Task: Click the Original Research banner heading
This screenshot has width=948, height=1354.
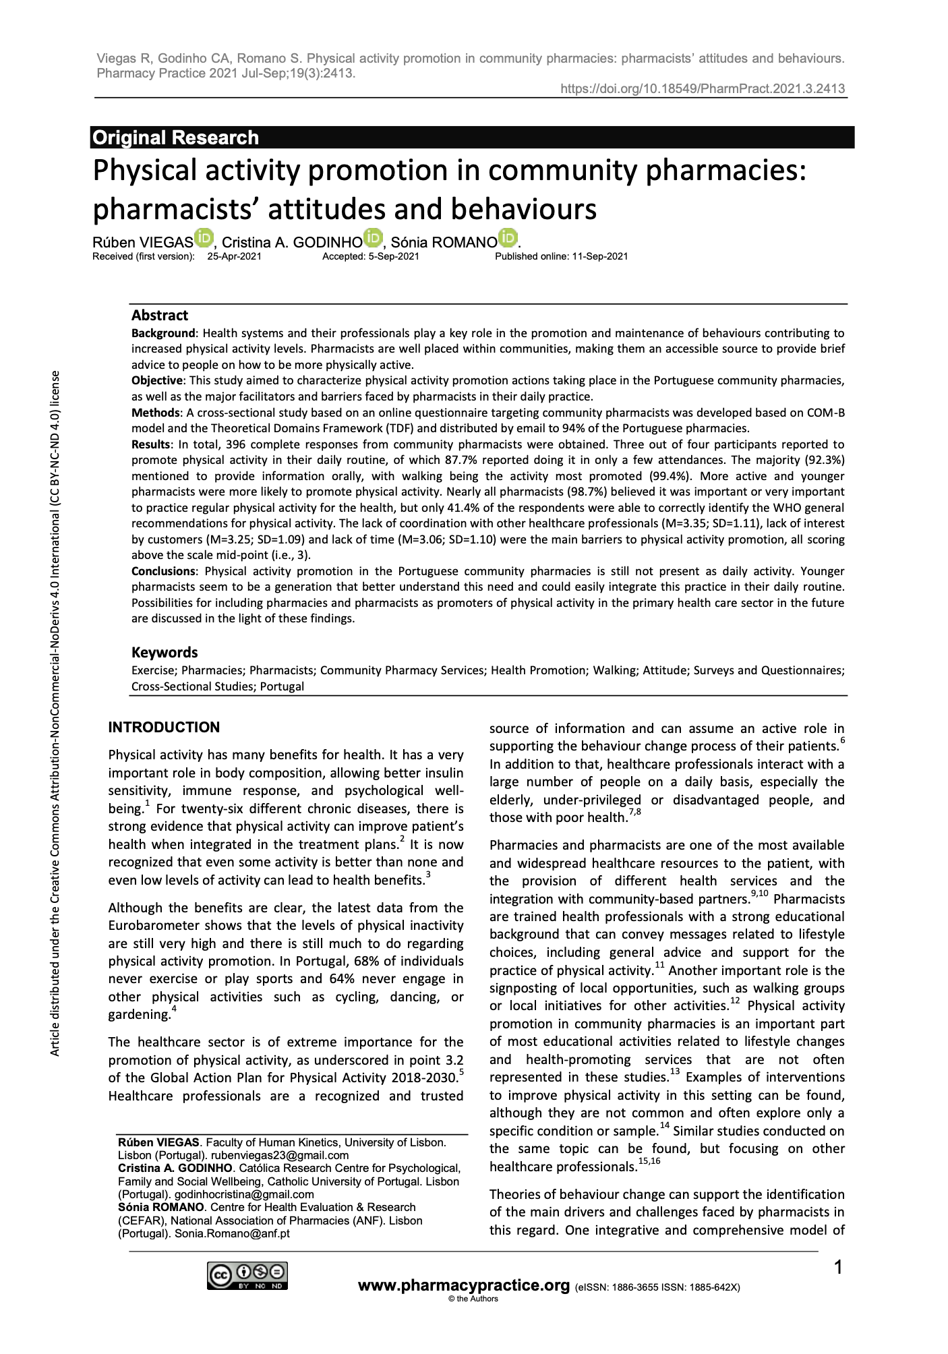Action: click(x=175, y=138)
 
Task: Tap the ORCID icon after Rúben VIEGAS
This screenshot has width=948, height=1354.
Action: click(x=204, y=238)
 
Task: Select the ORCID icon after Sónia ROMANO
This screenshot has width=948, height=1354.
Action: click(x=508, y=238)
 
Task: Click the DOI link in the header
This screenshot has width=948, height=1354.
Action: click(x=703, y=89)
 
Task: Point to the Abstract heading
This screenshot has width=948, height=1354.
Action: click(x=160, y=316)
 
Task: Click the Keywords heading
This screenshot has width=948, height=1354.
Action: click(x=165, y=652)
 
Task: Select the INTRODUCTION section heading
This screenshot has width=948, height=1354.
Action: click(x=164, y=727)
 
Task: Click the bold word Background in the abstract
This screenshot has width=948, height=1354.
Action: click(x=163, y=333)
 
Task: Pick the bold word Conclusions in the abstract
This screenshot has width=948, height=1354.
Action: click(x=162, y=571)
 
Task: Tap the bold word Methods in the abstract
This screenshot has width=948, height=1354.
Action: click(x=156, y=412)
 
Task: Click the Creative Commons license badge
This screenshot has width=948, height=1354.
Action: click(x=248, y=1275)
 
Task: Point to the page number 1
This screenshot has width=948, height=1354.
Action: click(x=838, y=1268)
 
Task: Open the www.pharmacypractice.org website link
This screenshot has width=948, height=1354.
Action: click(x=464, y=1285)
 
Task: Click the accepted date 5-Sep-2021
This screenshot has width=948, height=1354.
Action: click(x=394, y=256)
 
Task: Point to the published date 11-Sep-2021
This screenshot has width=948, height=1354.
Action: click(x=599, y=256)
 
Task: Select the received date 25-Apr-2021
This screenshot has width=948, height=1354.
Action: click(x=234, y=256)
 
